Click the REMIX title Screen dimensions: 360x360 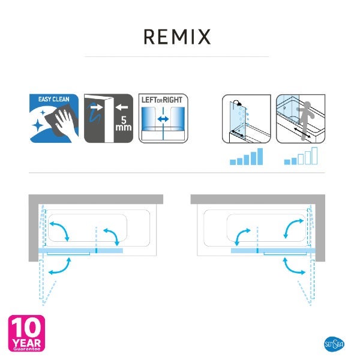[x=177, y=37]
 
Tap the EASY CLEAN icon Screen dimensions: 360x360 [x=54, y=118]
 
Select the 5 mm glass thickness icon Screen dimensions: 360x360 [x=109, y=118]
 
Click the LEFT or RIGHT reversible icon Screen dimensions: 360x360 [x=163, y=118]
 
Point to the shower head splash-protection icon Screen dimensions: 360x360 [x=247, y=119]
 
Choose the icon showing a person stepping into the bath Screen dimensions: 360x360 [x=301, y=119]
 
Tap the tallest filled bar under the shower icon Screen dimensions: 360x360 [x=260, y=157]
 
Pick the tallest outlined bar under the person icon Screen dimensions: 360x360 [x=314, y=156]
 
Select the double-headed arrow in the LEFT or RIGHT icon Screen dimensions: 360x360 [x=163, y=119]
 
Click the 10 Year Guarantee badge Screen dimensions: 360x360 [x=26, y=334]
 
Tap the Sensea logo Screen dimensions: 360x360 [x=334, y=344]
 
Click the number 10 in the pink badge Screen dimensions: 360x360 [x=26, y=328]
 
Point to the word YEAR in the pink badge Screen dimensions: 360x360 [x=26, y=343]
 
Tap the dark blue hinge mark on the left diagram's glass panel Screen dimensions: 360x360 [x=96, y=250]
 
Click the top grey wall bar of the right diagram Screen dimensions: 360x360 [x=257, y=199]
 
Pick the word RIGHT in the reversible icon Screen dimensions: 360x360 [x=172, y=100]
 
